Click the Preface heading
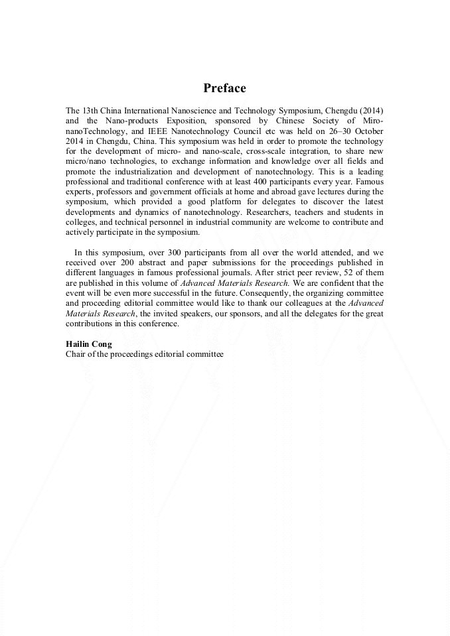click(224, 88)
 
